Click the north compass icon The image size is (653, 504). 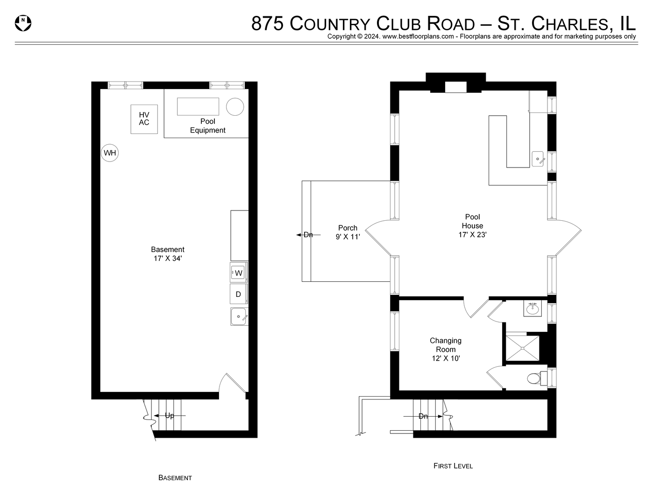pos(23,23)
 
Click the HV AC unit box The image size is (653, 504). pos(144,119)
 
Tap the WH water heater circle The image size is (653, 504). pos(110,153)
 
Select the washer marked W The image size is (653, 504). pos(239,273)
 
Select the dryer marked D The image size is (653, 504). pos(239,294)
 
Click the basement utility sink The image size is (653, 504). pos(239,316)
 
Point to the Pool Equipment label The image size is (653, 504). pos(207,126)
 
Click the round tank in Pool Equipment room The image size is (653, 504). pos(235,106)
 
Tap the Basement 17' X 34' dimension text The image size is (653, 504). pos(167,254)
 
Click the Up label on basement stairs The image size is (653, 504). pos(169,415)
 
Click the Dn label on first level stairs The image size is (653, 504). pos(423,416)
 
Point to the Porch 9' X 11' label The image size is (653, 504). pos(348,232)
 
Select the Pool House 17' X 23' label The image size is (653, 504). pos(472,226)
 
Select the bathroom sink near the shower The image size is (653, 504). pos(532,309)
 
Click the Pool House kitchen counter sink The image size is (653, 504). pos(539,159)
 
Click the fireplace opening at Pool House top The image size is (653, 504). pos(455,87)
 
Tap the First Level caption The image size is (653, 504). pos(453,466)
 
